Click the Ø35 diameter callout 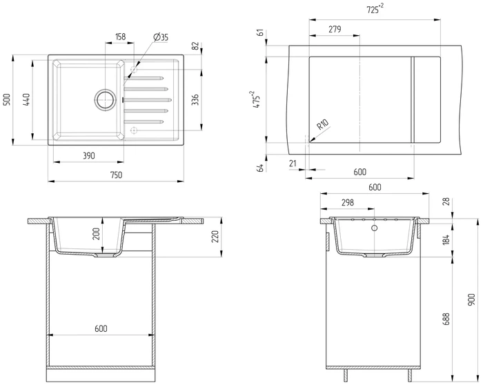161,37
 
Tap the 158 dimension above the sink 121,37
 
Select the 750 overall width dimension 116,175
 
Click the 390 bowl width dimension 89,156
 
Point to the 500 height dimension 7,99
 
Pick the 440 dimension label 26,99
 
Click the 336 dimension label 195,99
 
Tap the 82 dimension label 195,46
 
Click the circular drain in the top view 106,99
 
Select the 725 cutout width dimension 375,9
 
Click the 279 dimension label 335,29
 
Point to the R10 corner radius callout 323,124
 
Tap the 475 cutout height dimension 256,99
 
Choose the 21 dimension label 293,164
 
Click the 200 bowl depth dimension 96,234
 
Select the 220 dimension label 215,237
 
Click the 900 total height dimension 471,300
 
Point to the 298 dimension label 348,203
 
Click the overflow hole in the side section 375,228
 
